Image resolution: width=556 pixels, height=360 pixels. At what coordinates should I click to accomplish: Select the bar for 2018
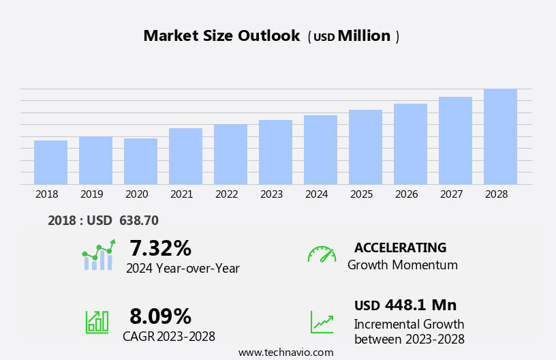[50, 162]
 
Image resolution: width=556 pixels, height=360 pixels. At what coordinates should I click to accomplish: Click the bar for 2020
[140, 162]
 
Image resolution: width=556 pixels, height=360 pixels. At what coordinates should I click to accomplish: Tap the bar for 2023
[275, 152]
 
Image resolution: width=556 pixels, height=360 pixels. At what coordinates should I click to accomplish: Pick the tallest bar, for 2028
[500, 136]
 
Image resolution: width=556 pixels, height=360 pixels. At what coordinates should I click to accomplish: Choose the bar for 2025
[365, 147]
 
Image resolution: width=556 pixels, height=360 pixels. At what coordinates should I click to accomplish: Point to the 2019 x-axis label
[91, 194]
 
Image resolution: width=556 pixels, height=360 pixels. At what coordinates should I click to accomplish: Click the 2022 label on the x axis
[226, 194]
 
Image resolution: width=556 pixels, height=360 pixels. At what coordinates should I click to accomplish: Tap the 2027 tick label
[451, 194]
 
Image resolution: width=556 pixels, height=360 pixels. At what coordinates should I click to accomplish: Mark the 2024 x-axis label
[316, 194]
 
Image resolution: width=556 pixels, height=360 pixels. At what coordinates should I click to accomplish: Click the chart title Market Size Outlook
[221, 36]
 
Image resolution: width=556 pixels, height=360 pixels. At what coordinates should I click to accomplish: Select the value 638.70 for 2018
[139, 221]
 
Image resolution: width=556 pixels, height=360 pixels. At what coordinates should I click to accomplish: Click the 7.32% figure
[160, 248]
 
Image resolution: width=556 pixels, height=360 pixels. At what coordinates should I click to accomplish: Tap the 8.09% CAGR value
[160, 316]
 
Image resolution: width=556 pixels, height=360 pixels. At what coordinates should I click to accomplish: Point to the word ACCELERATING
[400, 247]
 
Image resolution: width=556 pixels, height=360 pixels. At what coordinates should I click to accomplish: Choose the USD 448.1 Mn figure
[405, 305]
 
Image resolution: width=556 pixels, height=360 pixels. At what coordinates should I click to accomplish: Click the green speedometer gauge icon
[322, 254]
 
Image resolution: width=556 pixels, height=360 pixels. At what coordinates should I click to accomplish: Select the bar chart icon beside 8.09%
[97, 321]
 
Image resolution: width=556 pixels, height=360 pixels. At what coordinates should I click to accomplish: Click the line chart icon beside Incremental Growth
[322, 322]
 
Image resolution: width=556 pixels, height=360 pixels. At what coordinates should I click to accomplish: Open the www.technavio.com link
[285, 352]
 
